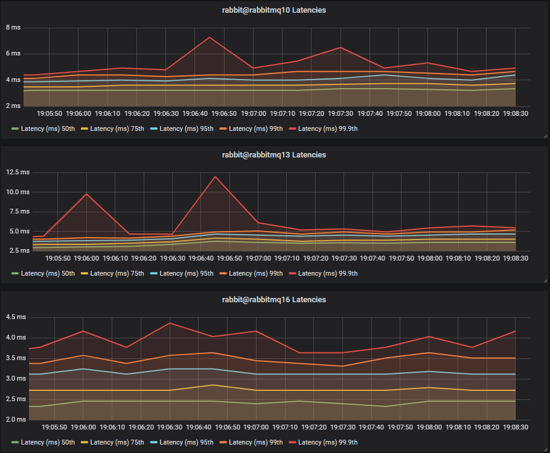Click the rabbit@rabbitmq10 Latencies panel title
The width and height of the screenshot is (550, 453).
coord(275,10)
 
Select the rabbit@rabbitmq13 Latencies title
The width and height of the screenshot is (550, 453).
coord(275,155)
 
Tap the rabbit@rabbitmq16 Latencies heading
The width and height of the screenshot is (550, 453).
coord(275,300)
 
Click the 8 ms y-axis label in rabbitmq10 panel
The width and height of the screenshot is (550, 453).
coord(13,28)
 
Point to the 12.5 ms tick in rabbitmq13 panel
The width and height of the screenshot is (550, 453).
coord(18,173)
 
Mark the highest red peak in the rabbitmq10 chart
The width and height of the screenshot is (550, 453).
coord(209,37)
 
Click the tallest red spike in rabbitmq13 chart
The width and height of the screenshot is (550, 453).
coord(214,176)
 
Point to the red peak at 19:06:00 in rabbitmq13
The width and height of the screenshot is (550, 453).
coord(86,194)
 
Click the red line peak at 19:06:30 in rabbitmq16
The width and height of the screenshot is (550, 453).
coord(170,323)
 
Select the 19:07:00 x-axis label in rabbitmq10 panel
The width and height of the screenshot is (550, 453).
coord(254,113)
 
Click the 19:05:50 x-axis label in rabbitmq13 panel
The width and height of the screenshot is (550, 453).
coord(58,258)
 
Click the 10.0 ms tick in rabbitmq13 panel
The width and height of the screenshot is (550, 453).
coord(18,192)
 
